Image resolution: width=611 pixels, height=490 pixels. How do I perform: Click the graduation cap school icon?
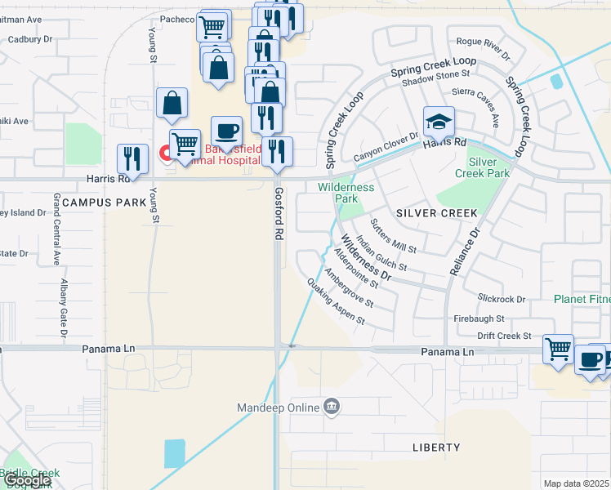click(439, 122)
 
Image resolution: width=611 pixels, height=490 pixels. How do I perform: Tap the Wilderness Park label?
click(346, 193)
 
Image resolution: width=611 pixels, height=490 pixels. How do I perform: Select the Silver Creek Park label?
click(484, 167)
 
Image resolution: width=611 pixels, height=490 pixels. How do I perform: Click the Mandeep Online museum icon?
click(332, 406)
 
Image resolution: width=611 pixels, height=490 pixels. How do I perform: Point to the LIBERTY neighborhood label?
click(436, 448)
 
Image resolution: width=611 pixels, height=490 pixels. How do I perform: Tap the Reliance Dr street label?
click(462, 242)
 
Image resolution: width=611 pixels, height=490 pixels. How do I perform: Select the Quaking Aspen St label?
click(336, 301)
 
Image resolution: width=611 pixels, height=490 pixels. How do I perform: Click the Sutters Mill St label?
click(393, 235)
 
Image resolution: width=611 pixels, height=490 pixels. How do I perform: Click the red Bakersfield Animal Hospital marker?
click(164, 153)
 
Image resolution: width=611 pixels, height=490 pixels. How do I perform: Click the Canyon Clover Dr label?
click(386, 146)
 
